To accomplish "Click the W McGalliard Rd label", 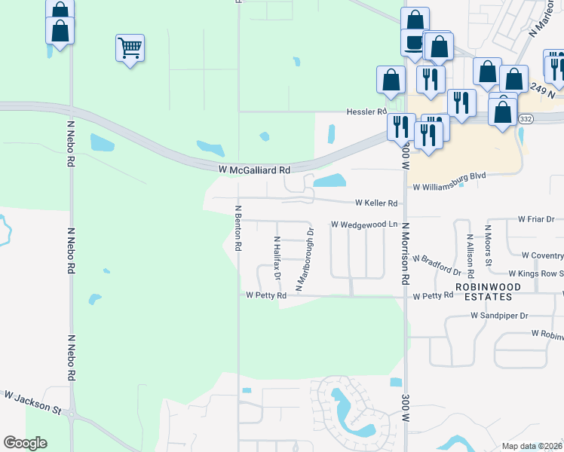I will click(254, 171).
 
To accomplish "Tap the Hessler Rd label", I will click(366, 111).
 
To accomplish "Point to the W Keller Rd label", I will click(376, 203).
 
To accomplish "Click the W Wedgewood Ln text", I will click(364, 224).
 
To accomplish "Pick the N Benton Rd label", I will click(238, 228).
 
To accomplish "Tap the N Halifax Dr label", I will click(277, 258).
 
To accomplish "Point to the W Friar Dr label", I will click(536, 219).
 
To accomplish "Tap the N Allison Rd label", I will click(470, 247).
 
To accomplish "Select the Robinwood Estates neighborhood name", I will click(483, 292).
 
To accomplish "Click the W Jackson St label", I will click(32, 402).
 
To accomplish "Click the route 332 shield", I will click(526, 119).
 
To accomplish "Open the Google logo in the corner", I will click(25, 443).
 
